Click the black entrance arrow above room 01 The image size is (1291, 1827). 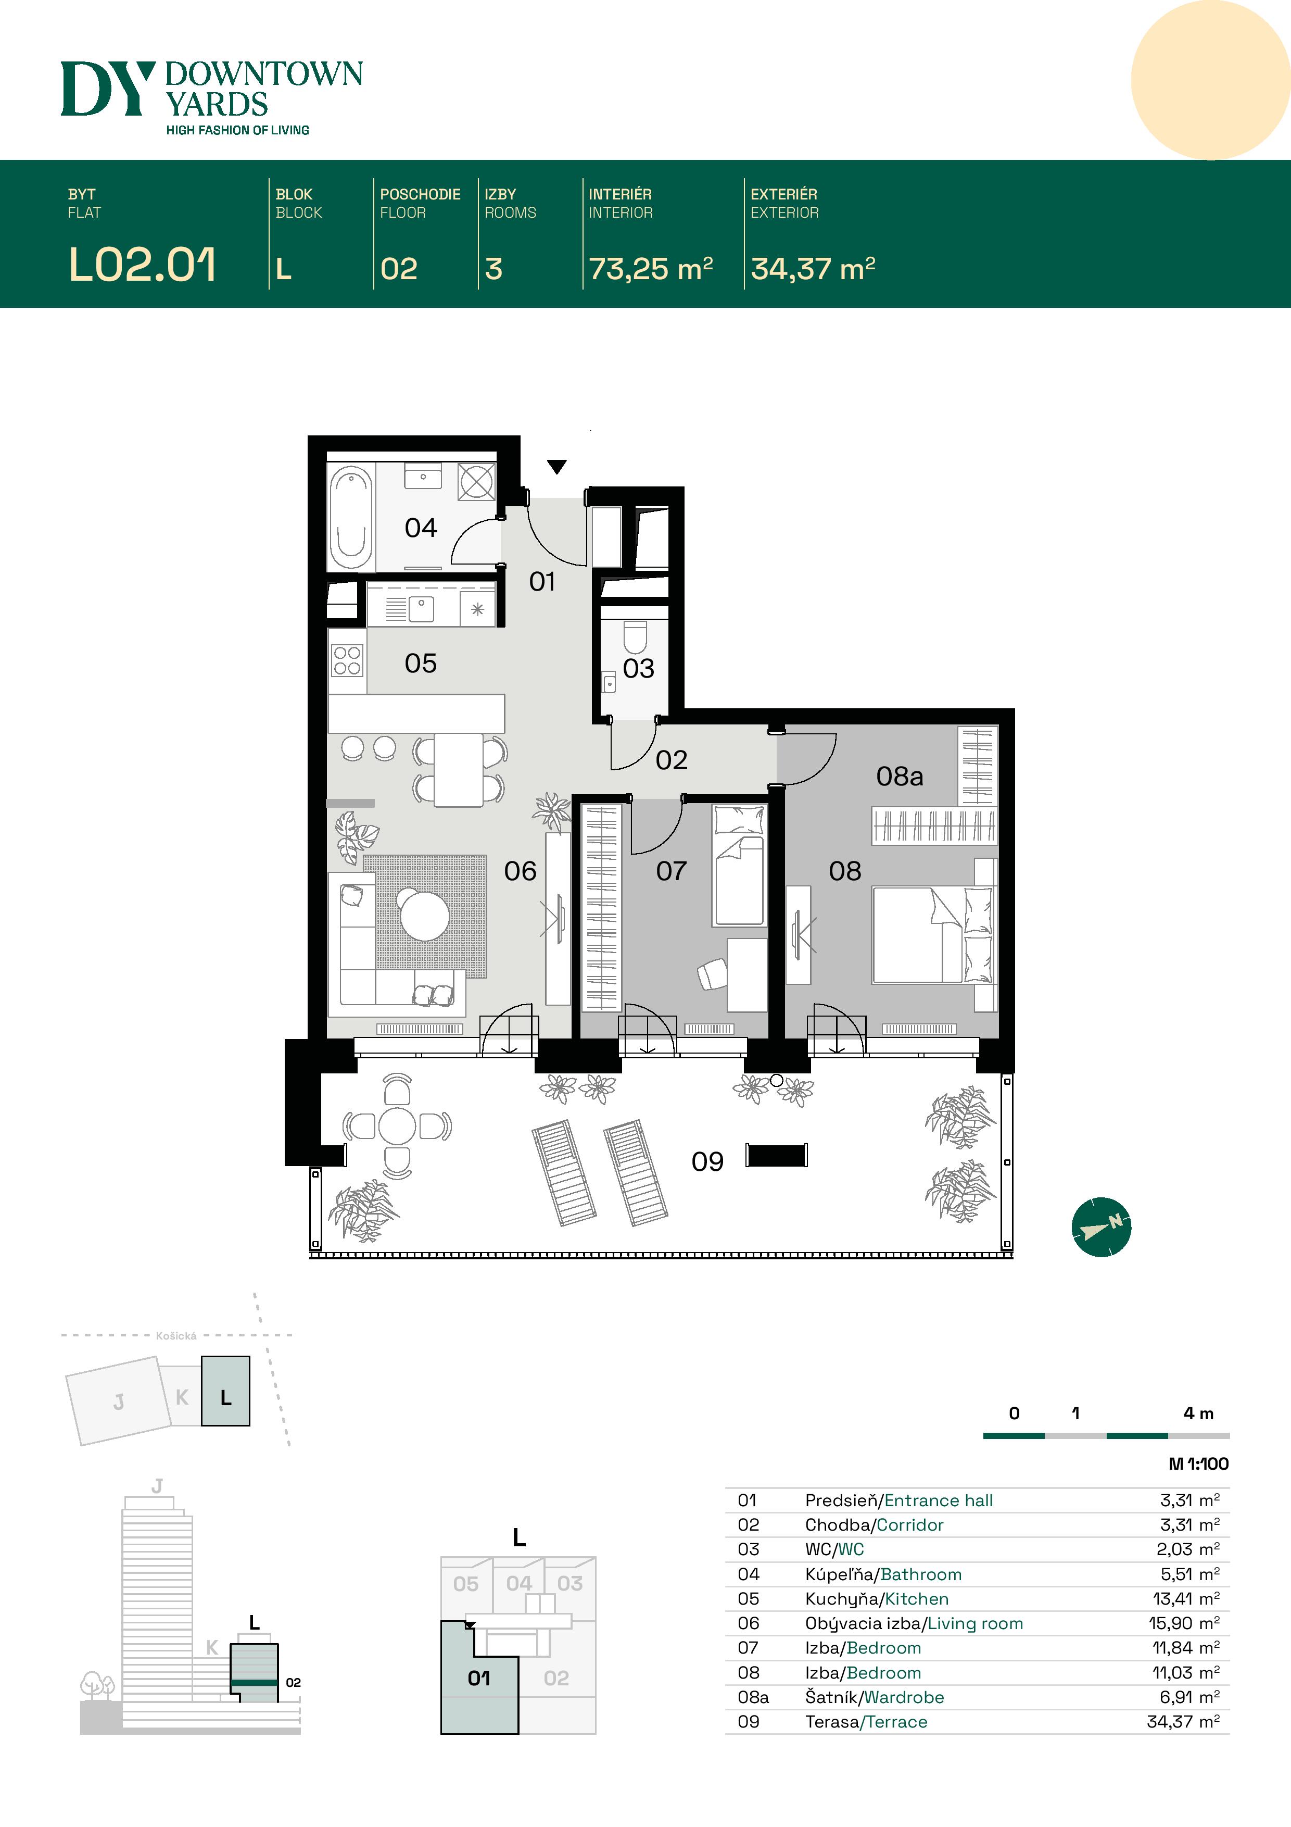click(x=557, y=466)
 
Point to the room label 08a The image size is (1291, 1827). click(x=900, y=776)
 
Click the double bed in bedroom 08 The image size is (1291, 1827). click(x=932, y=935)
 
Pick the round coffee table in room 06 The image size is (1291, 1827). click(x=424, y=915)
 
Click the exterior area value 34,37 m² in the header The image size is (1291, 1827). click(x=813, y=269)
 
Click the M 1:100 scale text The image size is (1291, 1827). click(x=1199, y=1463)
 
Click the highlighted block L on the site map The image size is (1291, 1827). click(x=225, y=1390)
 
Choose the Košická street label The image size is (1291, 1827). click(x=176, y=1336)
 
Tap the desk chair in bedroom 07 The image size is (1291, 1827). click(x=712, y=974)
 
